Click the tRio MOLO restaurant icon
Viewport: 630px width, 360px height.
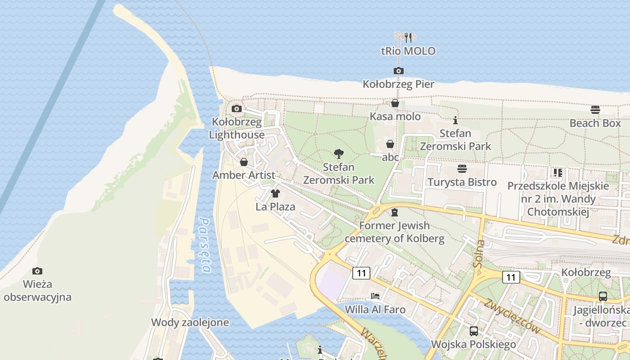[x=408, y=37]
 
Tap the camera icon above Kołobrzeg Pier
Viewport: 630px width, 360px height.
[x=398, y=71]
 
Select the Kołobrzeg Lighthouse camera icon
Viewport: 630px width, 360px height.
[x=237, y=108]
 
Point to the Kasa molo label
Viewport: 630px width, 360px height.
[x=395, y=117]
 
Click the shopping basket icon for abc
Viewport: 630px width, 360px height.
[x=390, y=144]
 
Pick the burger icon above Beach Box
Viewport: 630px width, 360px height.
[x=595, y=110]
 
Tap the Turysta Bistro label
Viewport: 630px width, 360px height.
[x=462, y=182]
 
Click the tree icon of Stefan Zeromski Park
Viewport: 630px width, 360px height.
[x=339, y=154]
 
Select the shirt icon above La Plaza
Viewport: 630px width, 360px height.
[x=275, y=193]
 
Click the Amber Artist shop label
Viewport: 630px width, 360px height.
[x=243, y=175]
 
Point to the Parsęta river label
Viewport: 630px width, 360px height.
[x=205, y=246]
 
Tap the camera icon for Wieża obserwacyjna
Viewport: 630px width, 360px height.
[x=37, y=271]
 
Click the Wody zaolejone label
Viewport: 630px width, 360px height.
[x=190, y=322]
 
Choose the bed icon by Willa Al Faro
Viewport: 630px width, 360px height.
[x=375, y=296]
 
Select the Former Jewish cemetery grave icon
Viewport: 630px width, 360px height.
[x=395, y=212]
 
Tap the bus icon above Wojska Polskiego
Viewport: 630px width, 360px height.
[x=473, y=331]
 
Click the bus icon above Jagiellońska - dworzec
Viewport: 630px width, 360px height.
[x=603, y=297]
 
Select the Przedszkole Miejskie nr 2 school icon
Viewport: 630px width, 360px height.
[x=558, y=173]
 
